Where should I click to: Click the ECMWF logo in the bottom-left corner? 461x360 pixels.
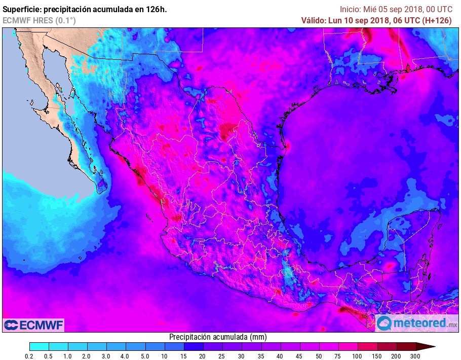click(x=33, y=325)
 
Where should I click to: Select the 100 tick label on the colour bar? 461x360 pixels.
click(x=358, y=356)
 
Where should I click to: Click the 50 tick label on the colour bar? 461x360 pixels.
click(x=320, y=356)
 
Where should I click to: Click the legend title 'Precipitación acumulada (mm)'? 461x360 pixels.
click(x=218, y=337)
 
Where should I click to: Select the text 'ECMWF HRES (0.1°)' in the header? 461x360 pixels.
click(x=39, y=20)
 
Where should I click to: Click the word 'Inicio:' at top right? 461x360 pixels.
click(x=350, y=9)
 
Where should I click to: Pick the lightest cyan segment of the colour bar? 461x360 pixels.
click(x=40, y=347)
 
